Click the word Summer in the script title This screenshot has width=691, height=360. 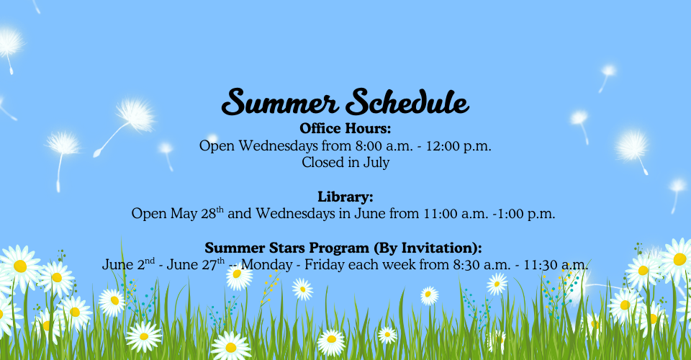(280, 102)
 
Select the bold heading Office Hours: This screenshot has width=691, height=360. (345, 128)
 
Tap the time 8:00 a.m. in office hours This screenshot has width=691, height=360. (384, 145)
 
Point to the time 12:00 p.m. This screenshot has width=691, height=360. (459, 145)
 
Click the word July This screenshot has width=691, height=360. (376, 163)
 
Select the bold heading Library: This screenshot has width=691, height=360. (345, 197)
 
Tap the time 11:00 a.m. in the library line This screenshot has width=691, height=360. (456, 214)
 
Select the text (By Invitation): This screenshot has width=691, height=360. (428, 248)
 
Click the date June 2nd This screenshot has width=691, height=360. (128, 264)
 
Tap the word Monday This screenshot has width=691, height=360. (266, 265)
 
